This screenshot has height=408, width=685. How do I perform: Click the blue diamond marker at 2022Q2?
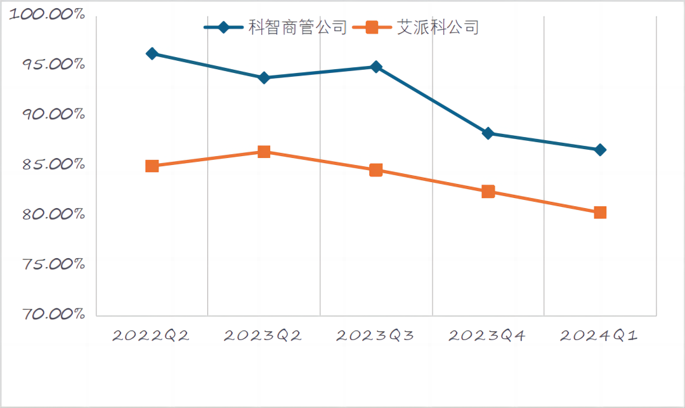point(152,54)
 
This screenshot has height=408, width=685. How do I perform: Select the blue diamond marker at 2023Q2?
point(264,78)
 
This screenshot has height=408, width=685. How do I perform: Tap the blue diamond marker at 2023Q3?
point(376,67)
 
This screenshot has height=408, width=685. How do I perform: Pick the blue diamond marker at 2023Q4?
point(488,133)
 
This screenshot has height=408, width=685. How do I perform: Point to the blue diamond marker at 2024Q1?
point(600,150)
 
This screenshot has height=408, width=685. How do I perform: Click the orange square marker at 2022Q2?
point(152,166)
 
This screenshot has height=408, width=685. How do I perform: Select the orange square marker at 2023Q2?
point(264,152)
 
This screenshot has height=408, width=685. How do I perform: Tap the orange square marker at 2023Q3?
point(376,170)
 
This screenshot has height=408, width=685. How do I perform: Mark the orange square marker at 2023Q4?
point(488,192)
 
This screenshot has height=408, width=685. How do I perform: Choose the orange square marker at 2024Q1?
point(600,213)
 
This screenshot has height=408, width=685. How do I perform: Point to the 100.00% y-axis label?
point(48,15)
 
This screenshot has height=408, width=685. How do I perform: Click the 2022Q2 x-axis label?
point(151,336)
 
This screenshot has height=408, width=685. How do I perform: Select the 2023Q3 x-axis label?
point(375,336)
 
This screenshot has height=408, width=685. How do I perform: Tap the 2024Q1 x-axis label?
point(599,336)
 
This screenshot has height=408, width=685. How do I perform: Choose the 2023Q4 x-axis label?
point(487,336)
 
